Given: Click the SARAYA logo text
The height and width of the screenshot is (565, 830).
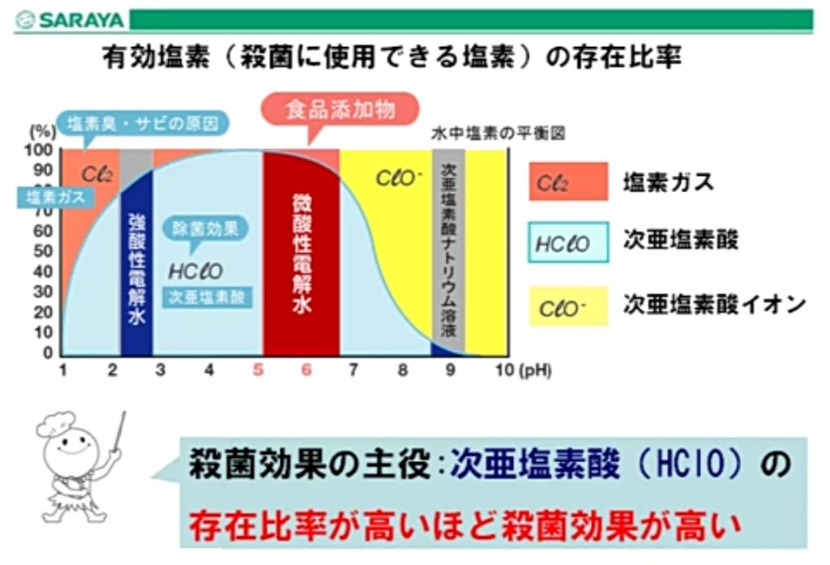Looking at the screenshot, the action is click(x=81, y=20).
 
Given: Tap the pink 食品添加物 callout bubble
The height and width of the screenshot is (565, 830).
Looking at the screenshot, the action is click(x=341, y=110).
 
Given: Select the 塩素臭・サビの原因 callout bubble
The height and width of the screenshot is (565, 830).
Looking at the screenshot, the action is click(x=143, y=124).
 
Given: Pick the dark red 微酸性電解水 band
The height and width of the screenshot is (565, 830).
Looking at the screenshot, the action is click(x=302, y=255).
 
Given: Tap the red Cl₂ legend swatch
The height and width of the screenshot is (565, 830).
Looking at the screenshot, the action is click(x=568, y=182).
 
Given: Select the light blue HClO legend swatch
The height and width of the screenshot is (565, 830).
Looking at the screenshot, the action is click(x=568, y=242).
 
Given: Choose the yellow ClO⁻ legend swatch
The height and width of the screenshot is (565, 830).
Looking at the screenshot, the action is click(x=568, y=306).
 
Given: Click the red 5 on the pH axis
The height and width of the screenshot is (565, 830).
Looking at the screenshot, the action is click(x=258, y=370).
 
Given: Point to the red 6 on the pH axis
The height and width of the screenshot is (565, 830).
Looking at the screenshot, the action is click(x=306, y=370).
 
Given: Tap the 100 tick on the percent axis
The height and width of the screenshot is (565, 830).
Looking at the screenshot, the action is click(x=39, y=151).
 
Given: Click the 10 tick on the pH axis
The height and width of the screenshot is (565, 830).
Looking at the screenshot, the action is click(x=504, y=370).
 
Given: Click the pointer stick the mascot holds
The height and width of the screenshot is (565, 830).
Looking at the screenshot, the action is click(x=118, y=434).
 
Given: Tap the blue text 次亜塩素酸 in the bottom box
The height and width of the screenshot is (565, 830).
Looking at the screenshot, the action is click(x=535, y=464).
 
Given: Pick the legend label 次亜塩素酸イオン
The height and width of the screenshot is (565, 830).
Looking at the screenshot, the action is click(x=715, y=305).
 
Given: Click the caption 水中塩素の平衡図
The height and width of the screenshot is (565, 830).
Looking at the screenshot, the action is click(x=498, y=134).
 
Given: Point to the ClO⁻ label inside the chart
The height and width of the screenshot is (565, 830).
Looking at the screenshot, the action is click(x=399, y=178).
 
